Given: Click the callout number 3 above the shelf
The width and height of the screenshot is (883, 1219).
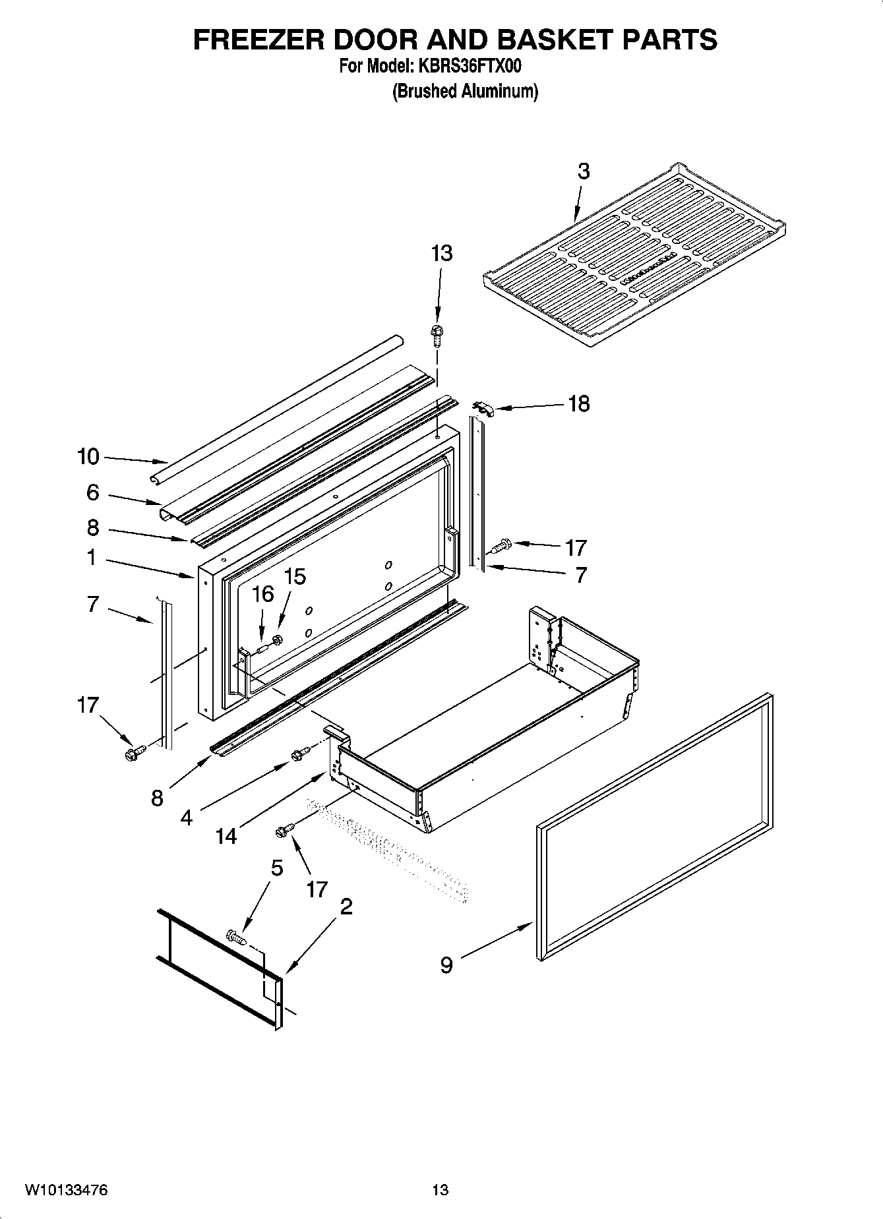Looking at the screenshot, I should click(x=583, y=171).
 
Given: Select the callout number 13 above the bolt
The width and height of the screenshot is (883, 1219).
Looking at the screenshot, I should click(x=442, y=253).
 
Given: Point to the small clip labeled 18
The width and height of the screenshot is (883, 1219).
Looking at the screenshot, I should click(x=484, y=409).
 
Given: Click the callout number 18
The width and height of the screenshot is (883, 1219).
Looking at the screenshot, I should click(x=578, y=403).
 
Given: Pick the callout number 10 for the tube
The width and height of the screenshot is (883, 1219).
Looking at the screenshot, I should click(x=88, y=456).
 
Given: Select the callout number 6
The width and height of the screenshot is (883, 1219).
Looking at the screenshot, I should click(x=92, y=492).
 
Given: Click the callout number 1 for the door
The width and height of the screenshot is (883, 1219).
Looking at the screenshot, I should click(x=91, y=558).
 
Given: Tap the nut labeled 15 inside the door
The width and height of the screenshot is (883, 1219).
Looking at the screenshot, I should click(x=278, y=638).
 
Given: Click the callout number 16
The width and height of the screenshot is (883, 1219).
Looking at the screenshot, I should click(x=262, y=594).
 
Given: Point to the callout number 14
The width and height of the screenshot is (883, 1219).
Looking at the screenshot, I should click(x=226, y=836).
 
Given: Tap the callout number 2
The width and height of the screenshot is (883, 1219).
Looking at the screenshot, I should click(x=346, y=907).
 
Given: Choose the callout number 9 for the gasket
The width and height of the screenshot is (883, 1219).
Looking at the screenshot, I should click(x=446, y=965).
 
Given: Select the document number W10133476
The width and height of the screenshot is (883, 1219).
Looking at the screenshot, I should click(x=66, y=1190).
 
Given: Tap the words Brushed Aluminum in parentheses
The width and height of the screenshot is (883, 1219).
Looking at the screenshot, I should click(x=465, y=91).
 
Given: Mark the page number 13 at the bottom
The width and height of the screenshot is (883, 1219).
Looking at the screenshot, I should click(x=440, y=1190).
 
